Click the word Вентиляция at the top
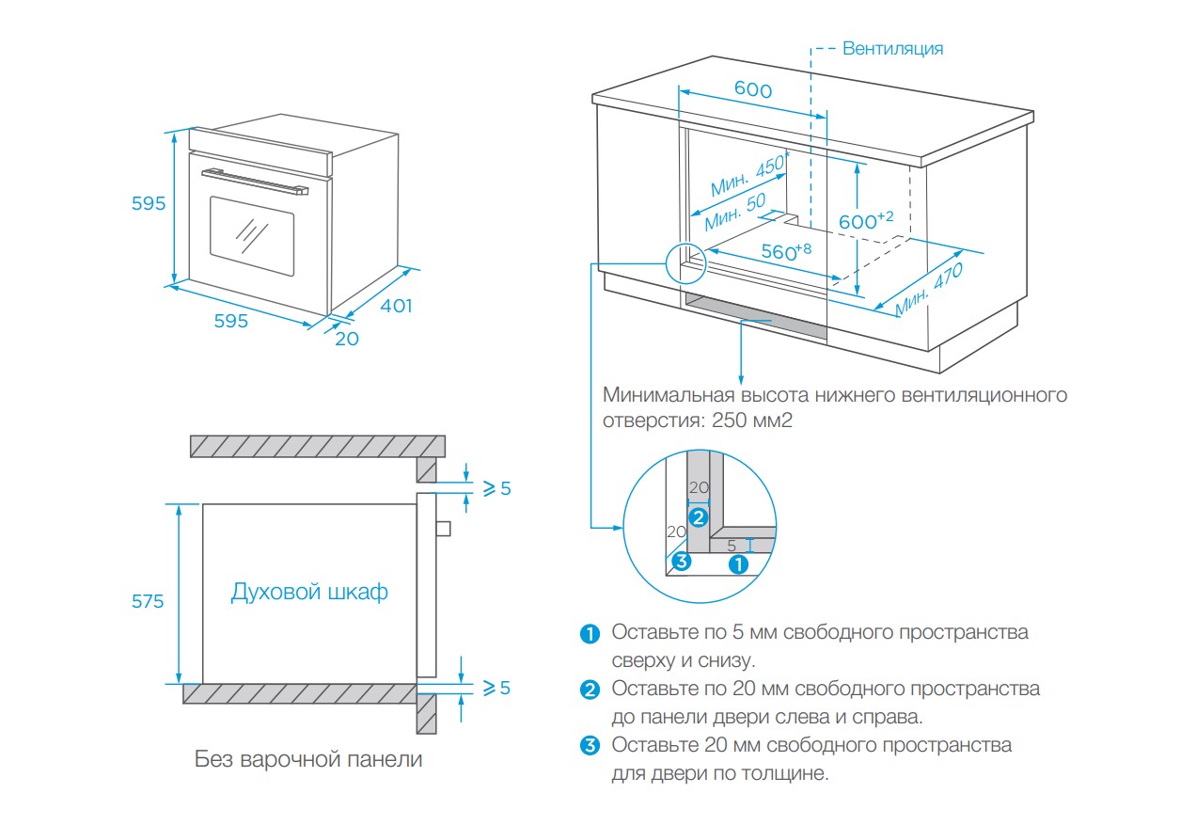(892, 48)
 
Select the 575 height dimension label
(148, 601)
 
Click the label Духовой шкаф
(309, 593)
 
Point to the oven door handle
(255, 181)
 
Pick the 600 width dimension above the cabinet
(752, 90)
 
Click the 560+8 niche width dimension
(785, 252)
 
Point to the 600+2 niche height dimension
(865, 221)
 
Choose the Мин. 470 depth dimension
(930, 288)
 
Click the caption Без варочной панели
(308, 759)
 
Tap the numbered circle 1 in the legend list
(590, 633)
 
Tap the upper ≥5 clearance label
(496, 488)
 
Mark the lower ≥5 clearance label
(496, 688)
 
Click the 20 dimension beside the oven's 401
(347, 339)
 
